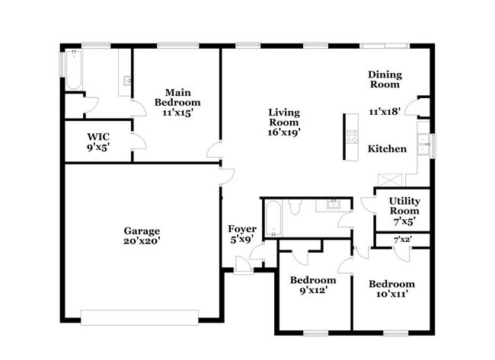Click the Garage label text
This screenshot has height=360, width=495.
pos(142,230)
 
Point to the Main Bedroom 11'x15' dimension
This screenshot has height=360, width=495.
pos(177,112)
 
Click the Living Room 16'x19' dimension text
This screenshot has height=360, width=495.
pos(283,132)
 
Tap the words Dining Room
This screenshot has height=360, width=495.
pos(385,79)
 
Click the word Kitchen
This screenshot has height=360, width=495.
pos(387,149)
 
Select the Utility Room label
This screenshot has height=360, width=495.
pos(404,205)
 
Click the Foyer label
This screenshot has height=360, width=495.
pos(242,229)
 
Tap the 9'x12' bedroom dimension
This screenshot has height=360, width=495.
pos(313,290)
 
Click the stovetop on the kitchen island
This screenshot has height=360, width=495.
pos(352,137)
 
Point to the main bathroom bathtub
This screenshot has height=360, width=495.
pos(72,69)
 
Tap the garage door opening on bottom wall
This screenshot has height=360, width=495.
pos(139,315)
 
